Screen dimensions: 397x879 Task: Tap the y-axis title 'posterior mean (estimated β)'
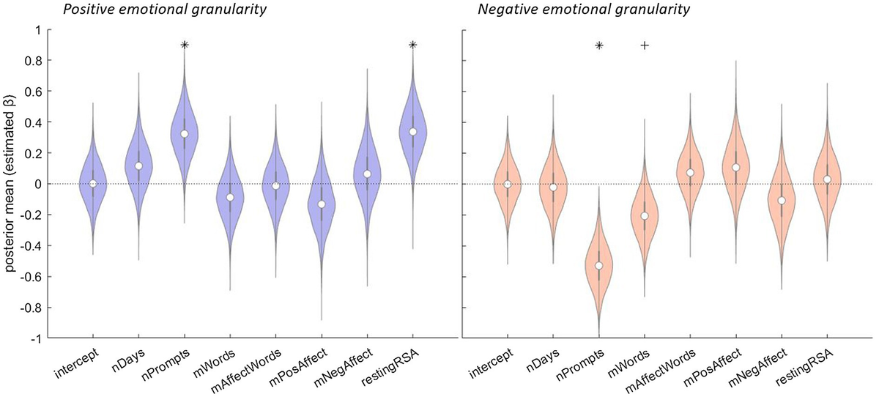click(10, 183)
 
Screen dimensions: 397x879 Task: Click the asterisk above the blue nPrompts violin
click(185, 45)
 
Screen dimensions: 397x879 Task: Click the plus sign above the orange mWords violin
click(645, 45)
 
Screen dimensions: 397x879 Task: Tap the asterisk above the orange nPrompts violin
click(598, 45)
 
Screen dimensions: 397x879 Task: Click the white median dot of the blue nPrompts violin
click(185, 134)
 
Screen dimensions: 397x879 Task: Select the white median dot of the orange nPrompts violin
click(598, 265)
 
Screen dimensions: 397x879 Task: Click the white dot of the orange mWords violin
click(645, 215)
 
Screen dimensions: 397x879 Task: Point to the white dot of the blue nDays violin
click(138, 166)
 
